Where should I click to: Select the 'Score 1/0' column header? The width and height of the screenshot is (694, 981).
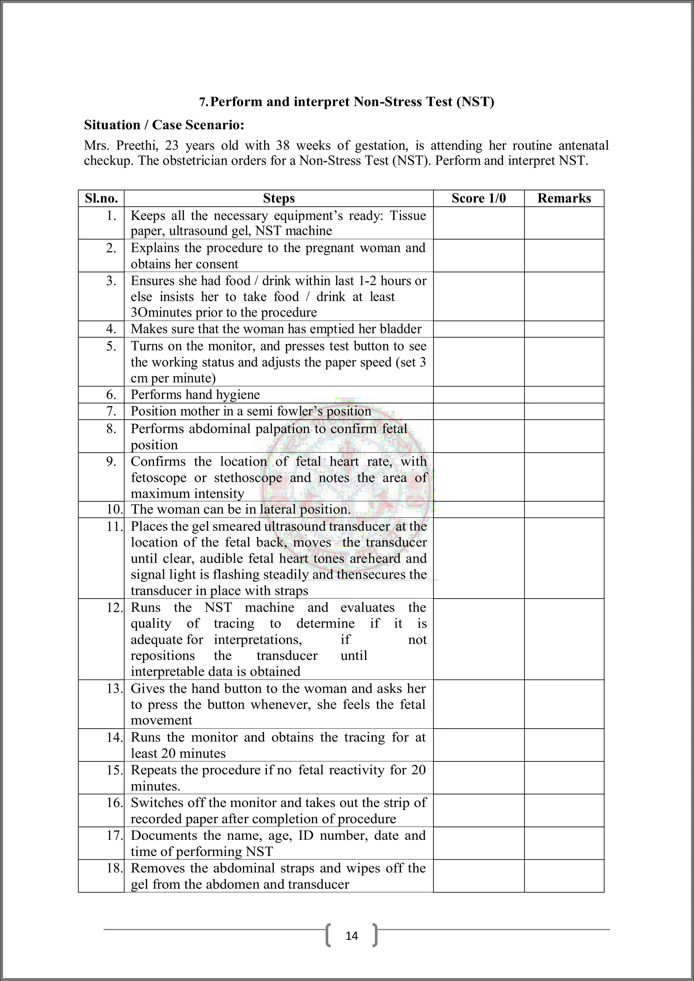pos(478,198)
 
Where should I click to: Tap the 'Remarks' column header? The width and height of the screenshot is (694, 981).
pos(564,198)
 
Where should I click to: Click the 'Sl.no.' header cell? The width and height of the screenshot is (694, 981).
pos(101,198)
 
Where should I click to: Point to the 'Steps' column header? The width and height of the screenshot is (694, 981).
pos(279,198)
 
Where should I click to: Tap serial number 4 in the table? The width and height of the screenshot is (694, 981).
pos(111,329)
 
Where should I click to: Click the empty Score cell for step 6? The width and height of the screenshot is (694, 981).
pos(478,394)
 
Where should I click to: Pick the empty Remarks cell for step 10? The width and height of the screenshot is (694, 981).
pos(564,509)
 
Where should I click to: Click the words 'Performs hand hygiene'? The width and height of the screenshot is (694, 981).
pos(195,394)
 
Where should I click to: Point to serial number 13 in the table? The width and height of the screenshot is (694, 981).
pos(115,688)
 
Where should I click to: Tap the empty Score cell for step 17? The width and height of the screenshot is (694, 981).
pos(478,843)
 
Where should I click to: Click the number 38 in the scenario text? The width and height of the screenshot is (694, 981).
pos(283,146)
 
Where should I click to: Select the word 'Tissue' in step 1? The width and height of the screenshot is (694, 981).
pos(408,215)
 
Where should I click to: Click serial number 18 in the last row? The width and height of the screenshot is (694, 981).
pos(115,868)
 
